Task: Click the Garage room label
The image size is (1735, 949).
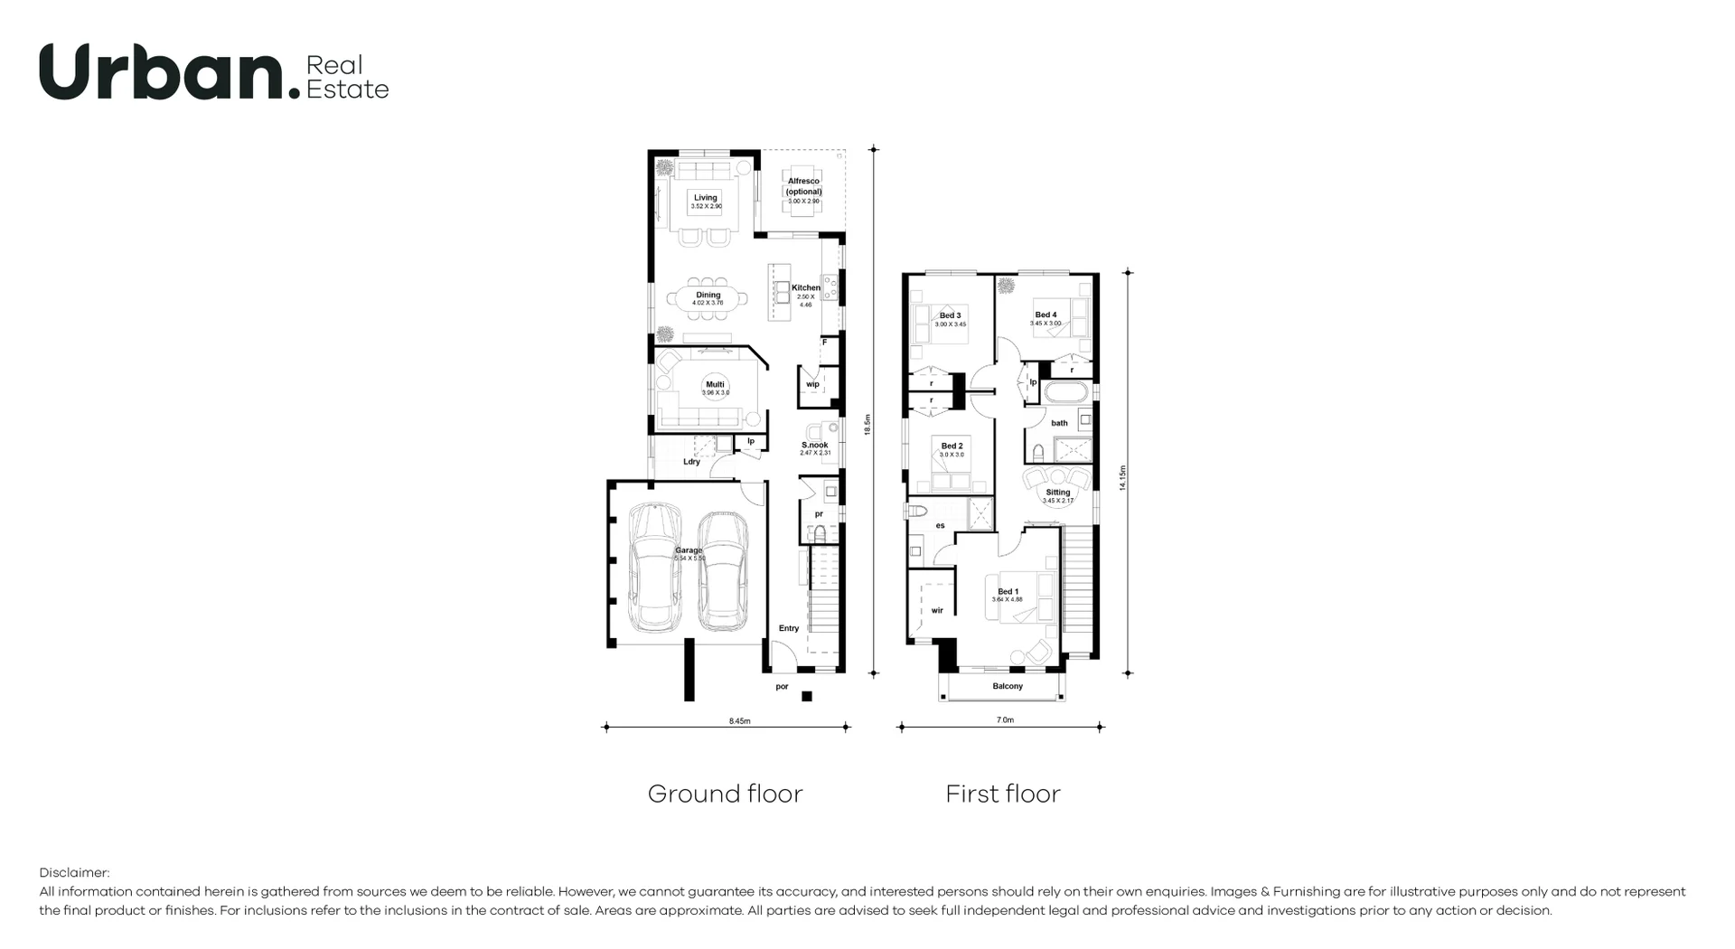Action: pos(689,550)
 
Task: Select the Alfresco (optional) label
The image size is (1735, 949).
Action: pos(803,186)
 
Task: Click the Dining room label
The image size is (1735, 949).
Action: pos(708,295)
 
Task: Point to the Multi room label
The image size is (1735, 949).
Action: pos(715,385)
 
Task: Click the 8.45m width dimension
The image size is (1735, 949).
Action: pos(739,721)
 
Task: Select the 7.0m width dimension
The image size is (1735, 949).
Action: pos(1005,720)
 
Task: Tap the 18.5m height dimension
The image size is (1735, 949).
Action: pos(867,425)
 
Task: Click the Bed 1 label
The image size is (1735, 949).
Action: pos(1008,592)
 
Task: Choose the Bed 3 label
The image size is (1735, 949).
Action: pos(950,315)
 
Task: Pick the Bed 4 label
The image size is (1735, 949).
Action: pos(1046,315)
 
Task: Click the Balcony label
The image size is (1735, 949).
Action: pos(1008,686)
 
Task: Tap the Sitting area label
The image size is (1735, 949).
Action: pos(1057,493)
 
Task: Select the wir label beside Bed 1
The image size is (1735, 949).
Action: pos(937,611)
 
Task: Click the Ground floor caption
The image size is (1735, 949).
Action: pos(725,794)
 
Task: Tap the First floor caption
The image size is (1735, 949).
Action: pos(1002,794)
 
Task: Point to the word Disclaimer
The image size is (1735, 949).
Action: pos(73,873)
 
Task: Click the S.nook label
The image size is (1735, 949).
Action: pos(814,445)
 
